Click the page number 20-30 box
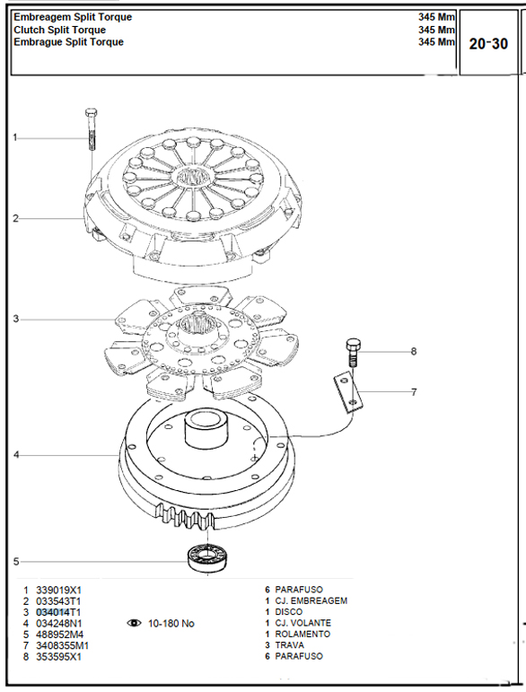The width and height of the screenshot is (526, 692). [x=488, y=43]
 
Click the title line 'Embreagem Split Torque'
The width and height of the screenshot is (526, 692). [x=73, y=17]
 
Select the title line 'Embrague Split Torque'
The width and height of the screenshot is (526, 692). [x=68, y=42]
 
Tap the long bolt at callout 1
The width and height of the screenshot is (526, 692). [x=92, y=129]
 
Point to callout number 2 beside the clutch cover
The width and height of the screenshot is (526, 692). [x=16, y=218]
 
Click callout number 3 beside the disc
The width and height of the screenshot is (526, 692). [x=16, y=319]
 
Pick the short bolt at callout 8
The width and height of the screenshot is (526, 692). [x=353, y=352]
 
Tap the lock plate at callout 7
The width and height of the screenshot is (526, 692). [x=348, y=392]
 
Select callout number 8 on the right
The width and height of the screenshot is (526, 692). [x=414, y=351]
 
